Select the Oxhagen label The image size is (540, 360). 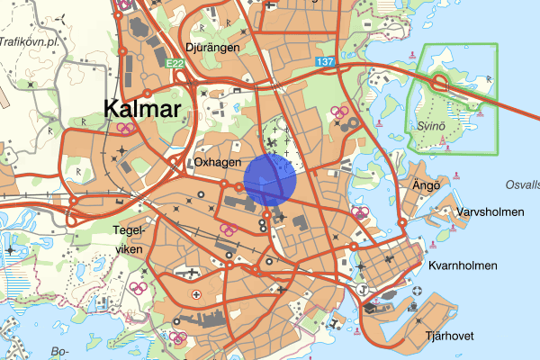[217, 162]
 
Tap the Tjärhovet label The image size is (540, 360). [450, 336]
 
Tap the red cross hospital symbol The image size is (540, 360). [196, 294]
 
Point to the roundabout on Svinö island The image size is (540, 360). [441, 83]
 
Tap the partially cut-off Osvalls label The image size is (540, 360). [523, 184]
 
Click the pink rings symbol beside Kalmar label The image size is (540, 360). [125, 128]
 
